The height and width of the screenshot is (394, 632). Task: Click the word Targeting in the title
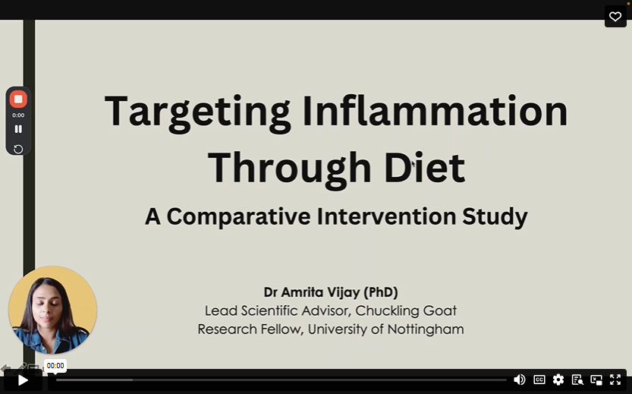197,111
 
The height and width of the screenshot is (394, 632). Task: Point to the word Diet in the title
428,168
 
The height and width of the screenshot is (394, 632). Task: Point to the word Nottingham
424,329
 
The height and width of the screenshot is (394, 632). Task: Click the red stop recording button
18,99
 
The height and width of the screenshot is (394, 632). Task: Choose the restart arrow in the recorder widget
18,149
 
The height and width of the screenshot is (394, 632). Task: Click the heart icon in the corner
615,17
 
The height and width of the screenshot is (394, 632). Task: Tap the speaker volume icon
520,380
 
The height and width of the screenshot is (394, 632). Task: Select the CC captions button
539,380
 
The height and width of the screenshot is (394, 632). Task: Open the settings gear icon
558,380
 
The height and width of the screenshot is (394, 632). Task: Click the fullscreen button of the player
615,380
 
